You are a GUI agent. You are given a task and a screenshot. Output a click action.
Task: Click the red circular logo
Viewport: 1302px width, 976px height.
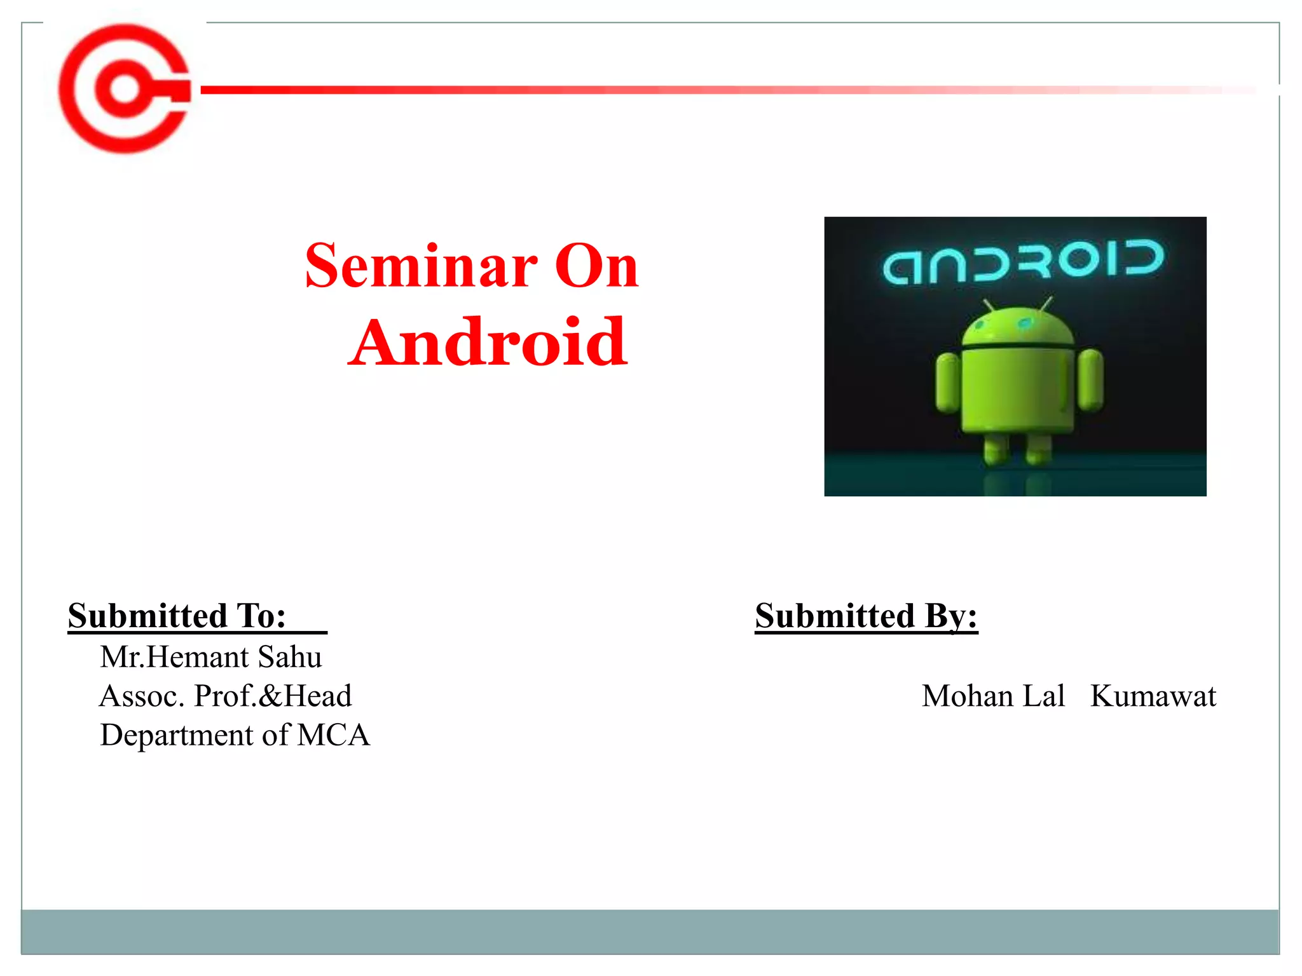124,89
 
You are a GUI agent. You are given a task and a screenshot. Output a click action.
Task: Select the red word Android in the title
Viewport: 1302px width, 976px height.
488,342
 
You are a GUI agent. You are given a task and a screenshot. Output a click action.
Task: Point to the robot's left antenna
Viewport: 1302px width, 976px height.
989,306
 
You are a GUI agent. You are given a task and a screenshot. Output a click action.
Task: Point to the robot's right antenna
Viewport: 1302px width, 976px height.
1046,304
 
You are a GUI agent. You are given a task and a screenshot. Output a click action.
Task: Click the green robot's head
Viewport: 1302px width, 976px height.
1018,327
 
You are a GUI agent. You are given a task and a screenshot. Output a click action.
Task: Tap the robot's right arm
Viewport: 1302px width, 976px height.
1090,380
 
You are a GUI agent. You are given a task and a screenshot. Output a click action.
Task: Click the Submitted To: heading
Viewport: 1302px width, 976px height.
177,616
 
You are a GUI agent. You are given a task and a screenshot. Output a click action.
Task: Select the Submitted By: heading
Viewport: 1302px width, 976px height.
866,616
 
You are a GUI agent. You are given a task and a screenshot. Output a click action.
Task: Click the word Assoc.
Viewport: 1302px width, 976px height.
142,696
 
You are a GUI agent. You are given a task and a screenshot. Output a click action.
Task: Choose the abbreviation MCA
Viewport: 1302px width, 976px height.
333,735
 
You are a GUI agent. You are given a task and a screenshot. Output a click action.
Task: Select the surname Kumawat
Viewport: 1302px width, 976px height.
1153,696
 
